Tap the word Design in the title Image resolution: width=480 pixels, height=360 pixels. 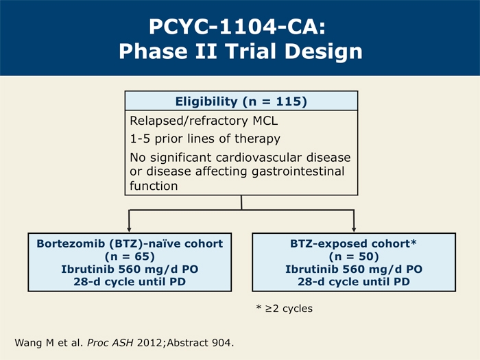tap(324, 51)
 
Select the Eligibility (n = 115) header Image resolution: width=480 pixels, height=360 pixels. tap(241, 101)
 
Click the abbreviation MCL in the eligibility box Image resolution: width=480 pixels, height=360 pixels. tap(265, 121)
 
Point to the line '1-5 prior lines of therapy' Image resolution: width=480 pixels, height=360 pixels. tap(205, 139)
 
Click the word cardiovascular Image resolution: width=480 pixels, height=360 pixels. tap(259, 157)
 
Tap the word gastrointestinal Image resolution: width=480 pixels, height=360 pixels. tap(298, 171)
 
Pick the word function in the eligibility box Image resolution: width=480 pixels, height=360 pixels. tap(154, 186)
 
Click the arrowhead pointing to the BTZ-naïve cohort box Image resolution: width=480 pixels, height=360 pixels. tap(129, 230)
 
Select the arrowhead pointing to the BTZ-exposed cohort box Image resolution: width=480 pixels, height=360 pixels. tap(354, 230)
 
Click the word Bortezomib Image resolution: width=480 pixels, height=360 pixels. tap(71, 243)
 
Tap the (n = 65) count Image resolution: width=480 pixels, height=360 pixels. tap(130, 256)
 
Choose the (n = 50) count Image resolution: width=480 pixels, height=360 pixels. tap(354, 256)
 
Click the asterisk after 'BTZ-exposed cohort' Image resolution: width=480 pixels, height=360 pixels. tap(414, 243)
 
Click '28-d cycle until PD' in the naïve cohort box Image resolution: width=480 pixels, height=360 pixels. tap(130, 282)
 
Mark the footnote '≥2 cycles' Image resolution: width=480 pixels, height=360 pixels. tap(289, 309)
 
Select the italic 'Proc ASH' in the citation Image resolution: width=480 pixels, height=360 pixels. tap(110, 343)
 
